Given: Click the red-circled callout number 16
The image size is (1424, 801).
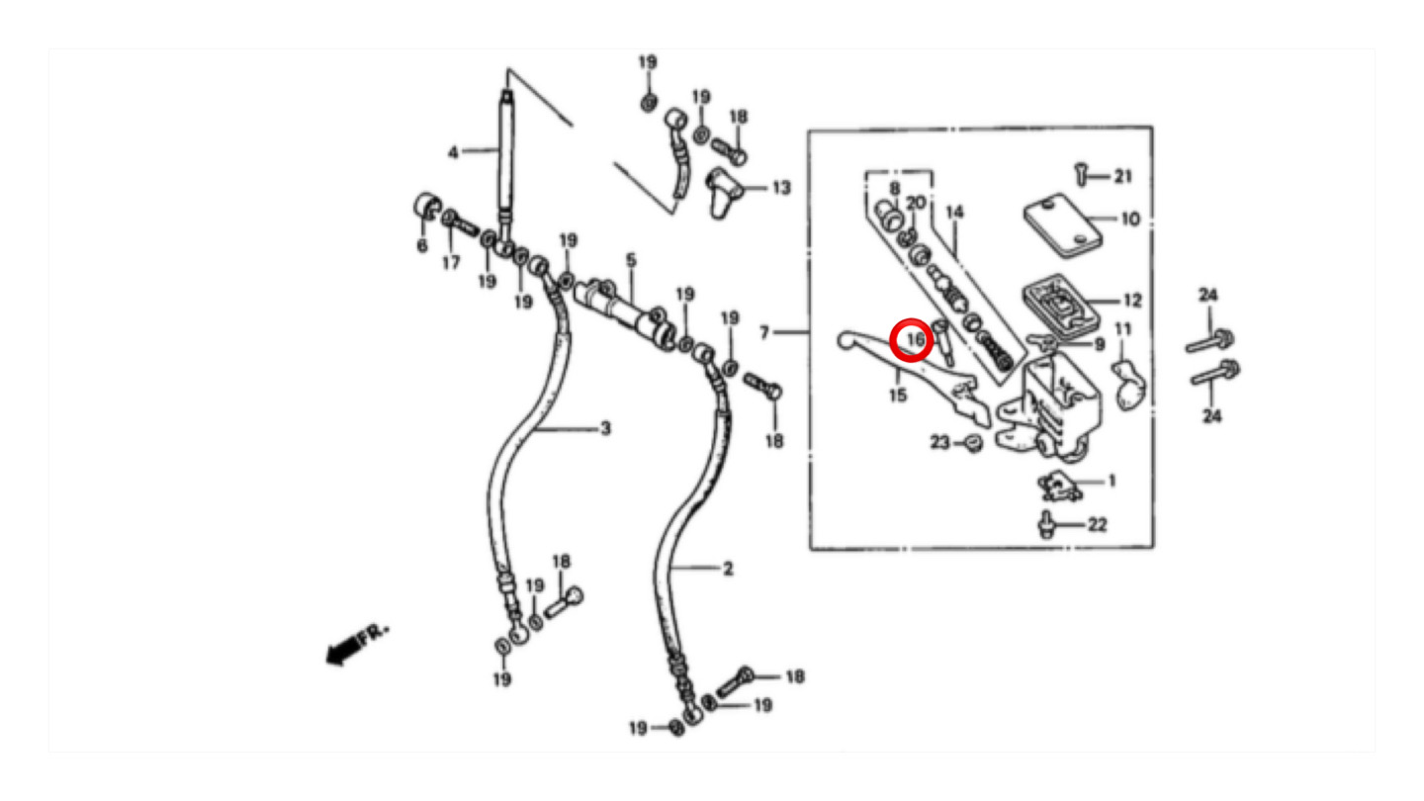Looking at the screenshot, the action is [916, 340].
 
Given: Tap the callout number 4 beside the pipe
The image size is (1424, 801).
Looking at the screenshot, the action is [453, 152].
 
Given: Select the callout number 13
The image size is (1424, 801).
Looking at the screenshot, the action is [781, 188].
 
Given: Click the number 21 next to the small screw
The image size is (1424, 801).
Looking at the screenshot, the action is [1123, 176].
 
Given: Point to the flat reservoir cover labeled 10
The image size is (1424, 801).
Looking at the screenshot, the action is [1062, 225].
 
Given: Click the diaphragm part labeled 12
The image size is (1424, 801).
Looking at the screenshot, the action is [1060, 307].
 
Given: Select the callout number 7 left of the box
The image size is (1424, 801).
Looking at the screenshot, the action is [764, 332].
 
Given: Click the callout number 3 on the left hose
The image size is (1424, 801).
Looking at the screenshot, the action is [606, 429].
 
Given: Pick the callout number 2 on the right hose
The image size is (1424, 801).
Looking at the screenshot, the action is [729, 569].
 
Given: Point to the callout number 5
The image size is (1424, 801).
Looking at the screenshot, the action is [631, 260].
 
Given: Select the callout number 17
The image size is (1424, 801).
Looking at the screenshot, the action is [451, 263].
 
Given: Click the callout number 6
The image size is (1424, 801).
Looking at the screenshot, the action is [421, 245].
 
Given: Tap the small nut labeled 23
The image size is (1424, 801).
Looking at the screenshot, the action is [973, 442].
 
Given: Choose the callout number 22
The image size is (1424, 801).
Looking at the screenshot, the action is [1098, 524].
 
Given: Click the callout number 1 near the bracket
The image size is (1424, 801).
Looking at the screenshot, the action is [1112, 482].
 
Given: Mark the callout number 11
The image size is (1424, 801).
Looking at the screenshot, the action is [1123, 329].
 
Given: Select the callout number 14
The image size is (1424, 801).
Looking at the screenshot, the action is [955, 212].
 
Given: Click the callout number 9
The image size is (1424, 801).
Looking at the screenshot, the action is [1100, 344].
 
